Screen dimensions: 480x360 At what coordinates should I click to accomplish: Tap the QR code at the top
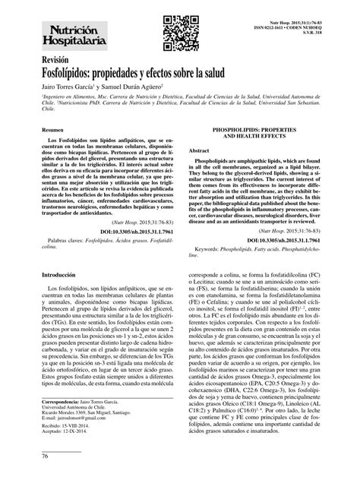coord(177,28)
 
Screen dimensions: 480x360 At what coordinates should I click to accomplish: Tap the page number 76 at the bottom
coord(24,456)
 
